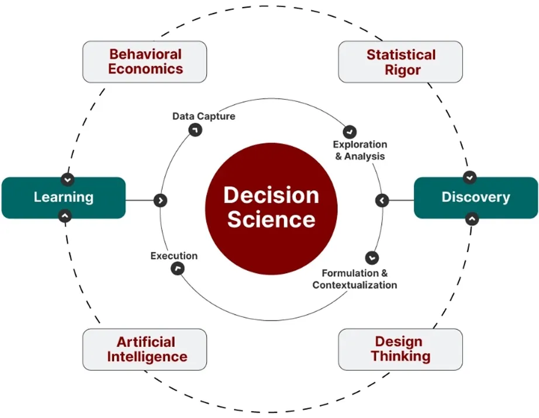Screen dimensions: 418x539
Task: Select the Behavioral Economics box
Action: (145, 61)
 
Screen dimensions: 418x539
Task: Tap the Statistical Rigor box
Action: (400, 62)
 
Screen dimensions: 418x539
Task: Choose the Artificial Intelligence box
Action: (145, 349)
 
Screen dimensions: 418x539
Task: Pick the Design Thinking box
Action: (400, 349)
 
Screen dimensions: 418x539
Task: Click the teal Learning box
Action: (63, 197)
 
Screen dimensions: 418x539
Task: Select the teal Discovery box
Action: (475, 197)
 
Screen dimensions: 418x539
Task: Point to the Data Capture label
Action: (203, 116)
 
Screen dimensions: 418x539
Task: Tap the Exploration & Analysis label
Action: (360, 150)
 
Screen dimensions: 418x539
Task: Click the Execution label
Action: (174, 256)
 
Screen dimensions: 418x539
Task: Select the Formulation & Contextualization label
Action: (355, 279)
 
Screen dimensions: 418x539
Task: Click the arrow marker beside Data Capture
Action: (195, 130)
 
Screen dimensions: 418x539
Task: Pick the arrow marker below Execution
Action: (177, 269)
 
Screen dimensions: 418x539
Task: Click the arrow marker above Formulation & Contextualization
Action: (371, 257)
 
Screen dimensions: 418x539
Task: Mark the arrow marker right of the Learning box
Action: (160, 200)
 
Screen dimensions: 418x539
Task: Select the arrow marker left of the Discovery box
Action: (382, 201)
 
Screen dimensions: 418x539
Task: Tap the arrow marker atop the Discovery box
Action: (470, 177)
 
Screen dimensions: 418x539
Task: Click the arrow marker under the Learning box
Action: (65, 216)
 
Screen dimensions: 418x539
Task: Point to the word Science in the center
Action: (271, 220)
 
